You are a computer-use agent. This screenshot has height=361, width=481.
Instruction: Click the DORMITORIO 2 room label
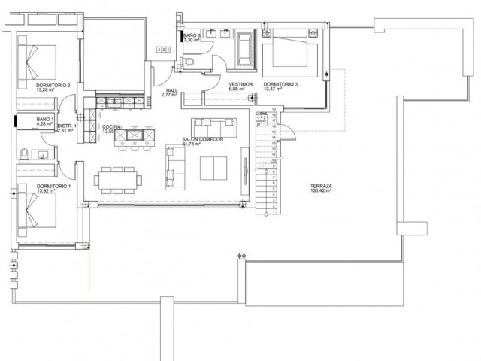click(53, 85)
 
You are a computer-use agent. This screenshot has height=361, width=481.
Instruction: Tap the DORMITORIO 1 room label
click(53, 186)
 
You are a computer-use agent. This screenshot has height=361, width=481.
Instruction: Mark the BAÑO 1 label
click(45, 119)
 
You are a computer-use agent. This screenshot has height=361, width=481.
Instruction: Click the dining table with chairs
click(117, 180)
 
